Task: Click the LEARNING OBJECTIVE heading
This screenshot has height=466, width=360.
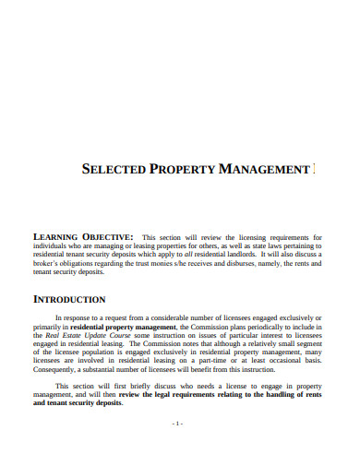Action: [x=84, y=237]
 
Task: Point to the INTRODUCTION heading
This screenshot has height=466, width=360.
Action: [x=69, y=299]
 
